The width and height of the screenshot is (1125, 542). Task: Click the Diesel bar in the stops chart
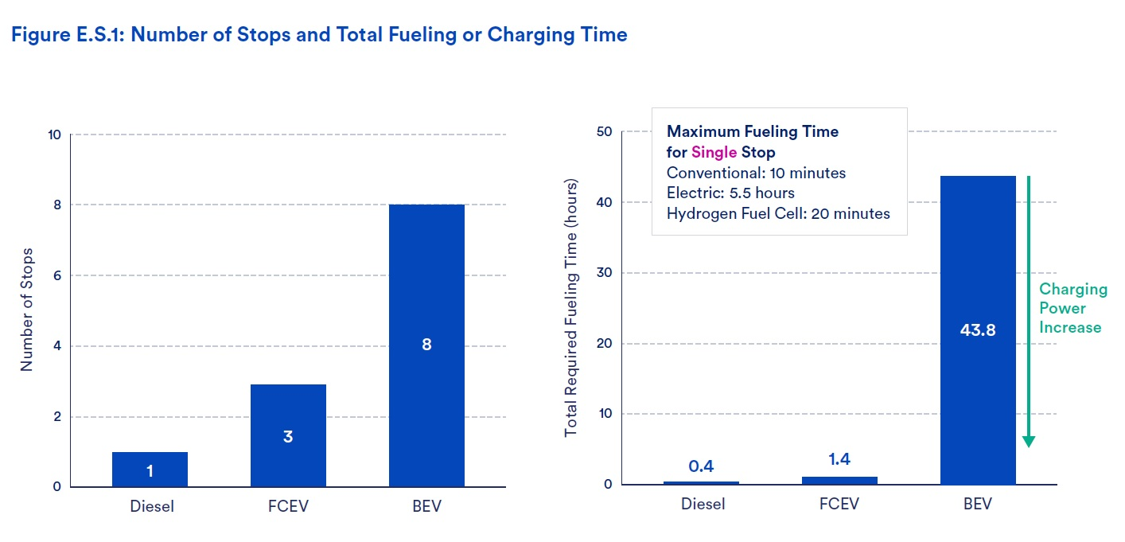(150, 469)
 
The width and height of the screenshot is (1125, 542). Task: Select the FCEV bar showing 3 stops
(288, 435)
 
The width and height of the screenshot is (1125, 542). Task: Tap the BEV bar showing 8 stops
(427, 345)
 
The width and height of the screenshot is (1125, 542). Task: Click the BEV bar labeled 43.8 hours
(978, 330)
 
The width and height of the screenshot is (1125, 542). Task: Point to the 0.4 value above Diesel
(701, 466)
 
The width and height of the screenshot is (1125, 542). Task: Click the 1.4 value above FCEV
(839, 459)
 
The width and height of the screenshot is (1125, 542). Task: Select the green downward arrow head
(1029, 442)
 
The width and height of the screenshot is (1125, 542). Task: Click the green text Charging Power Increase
(1072, 308)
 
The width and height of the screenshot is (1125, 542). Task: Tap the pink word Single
(714, 152)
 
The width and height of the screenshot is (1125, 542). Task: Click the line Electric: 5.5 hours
(730, 193)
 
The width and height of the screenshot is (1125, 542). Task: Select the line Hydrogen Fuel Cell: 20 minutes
(778, 213)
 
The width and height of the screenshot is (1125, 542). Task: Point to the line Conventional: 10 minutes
(756, 173)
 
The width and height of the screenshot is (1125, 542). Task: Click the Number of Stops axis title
(26, 310)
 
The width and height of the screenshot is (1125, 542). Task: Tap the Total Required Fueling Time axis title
(570, 308)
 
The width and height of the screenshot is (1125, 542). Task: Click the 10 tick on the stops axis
(54, 135)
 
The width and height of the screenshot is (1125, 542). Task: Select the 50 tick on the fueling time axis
(604, 131)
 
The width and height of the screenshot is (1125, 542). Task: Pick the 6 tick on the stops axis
(57, 275)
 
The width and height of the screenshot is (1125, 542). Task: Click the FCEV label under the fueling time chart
(839, 504)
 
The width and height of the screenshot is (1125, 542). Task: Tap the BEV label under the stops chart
(427, 506)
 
